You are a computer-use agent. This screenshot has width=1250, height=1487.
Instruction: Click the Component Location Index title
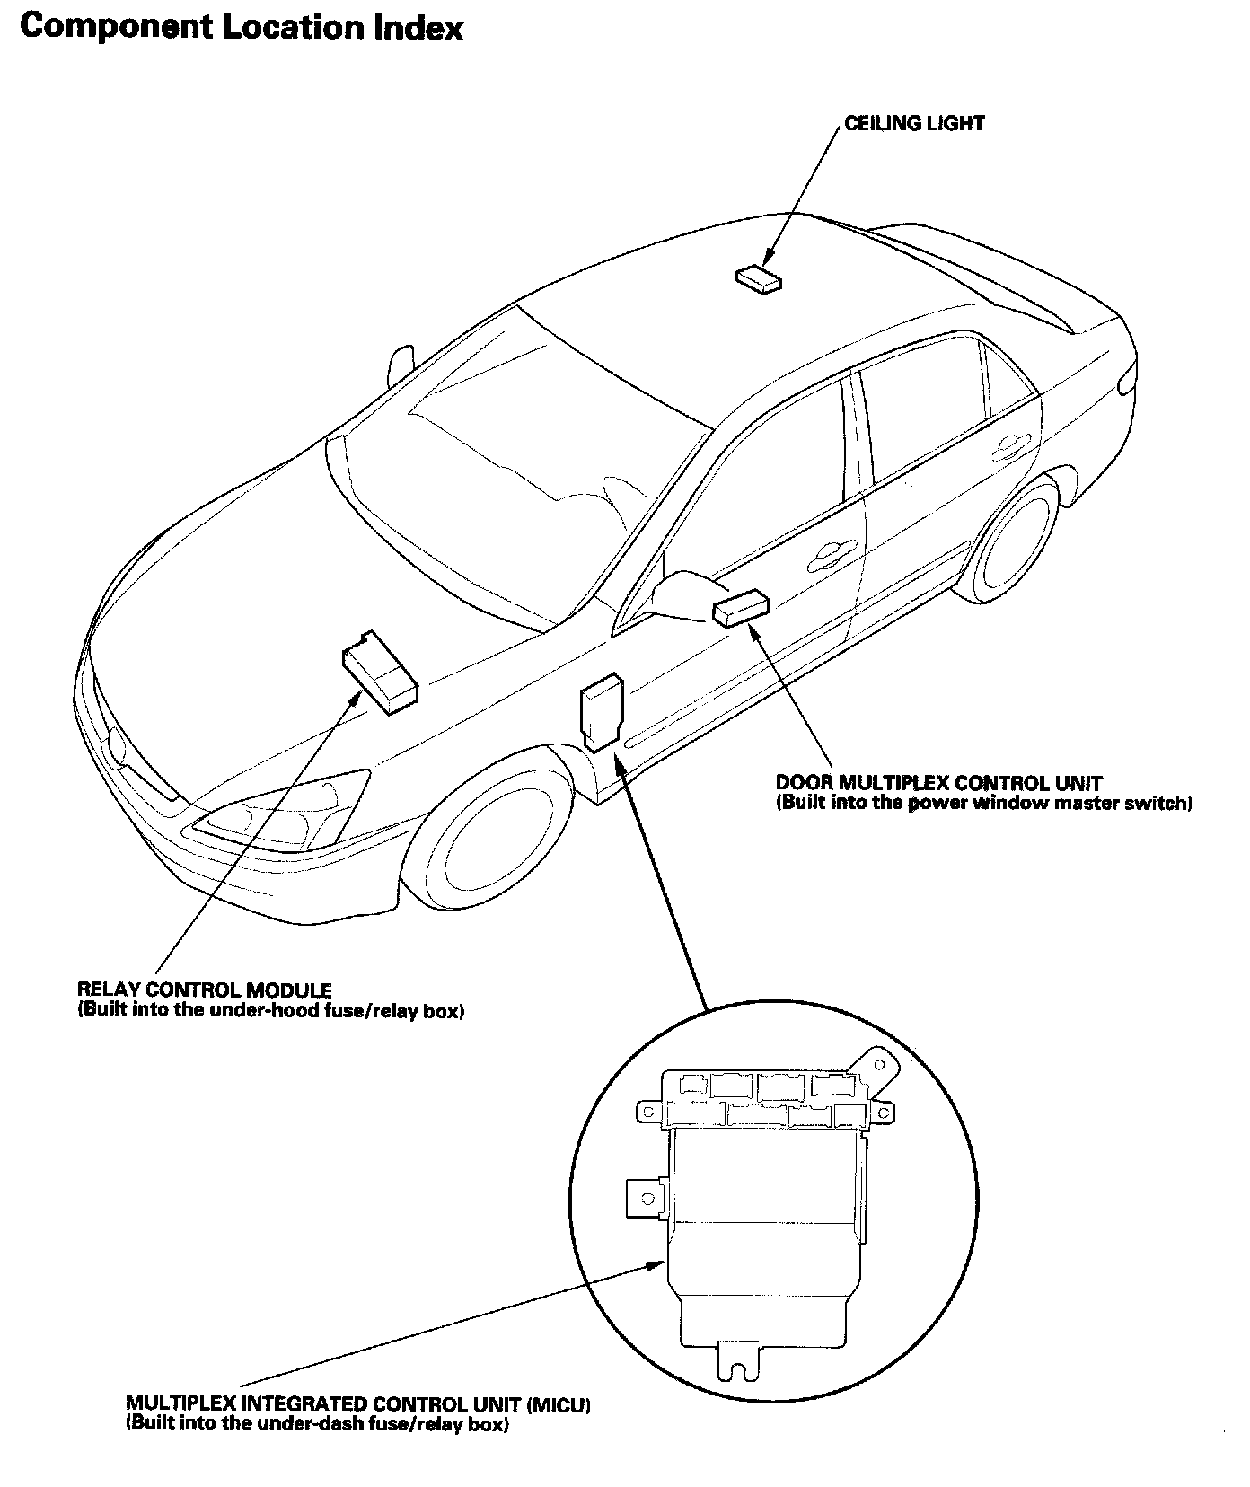click(241, 28)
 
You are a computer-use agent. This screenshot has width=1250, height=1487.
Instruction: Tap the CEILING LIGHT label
click(914, 123)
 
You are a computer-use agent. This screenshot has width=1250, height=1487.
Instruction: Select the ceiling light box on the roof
click(758, 278)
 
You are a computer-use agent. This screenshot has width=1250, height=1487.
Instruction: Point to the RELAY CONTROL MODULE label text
click(205, 990)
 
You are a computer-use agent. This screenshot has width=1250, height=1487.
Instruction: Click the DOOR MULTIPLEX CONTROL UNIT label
click(938, 783)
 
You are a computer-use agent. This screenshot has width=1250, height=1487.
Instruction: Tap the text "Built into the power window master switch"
click(984, 803)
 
